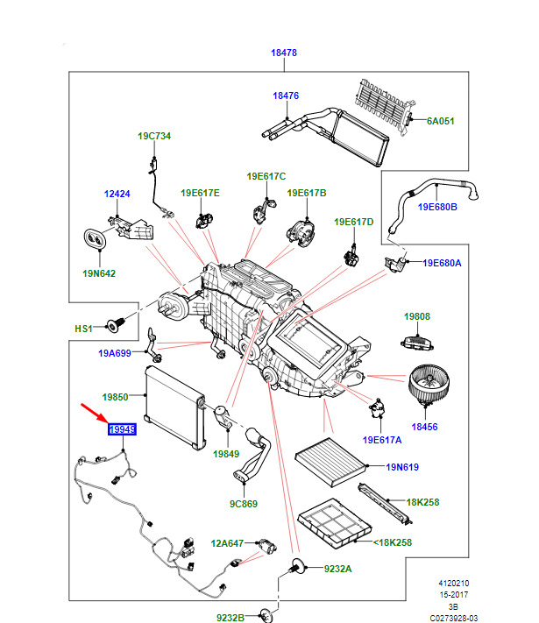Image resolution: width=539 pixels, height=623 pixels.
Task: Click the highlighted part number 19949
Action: (121, 428)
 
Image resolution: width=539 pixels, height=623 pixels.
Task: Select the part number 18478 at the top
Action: (284, 53)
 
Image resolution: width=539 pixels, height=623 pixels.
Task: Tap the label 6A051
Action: (440, 121)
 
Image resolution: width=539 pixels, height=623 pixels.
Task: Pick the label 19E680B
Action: (437, 207)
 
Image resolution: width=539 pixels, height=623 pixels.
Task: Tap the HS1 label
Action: (82, 329)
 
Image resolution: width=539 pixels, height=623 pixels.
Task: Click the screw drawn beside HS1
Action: (112, 325)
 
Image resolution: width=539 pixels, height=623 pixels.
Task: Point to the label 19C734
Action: (153, 136)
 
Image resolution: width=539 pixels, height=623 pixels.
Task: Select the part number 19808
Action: (416, 315)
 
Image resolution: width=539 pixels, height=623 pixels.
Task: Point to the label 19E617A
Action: (384, 439)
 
